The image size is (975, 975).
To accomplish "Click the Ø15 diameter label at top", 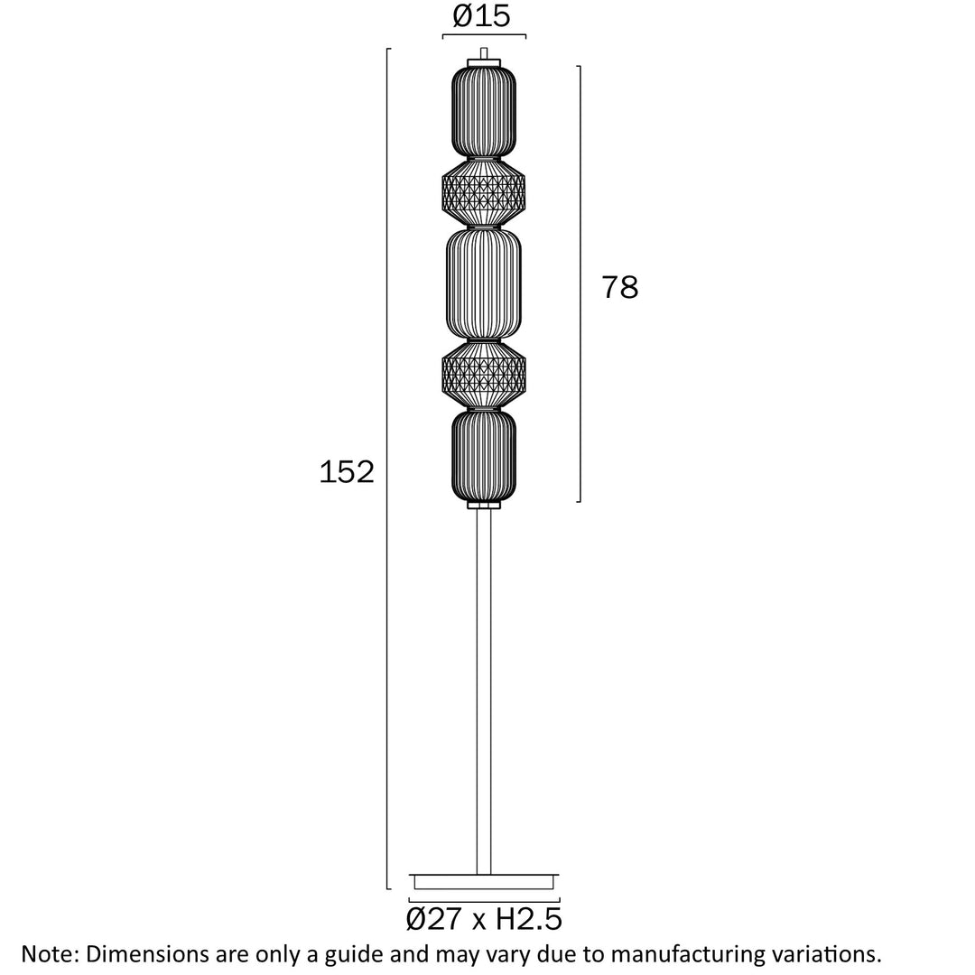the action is point(481,15).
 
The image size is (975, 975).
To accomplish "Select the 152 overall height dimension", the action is point(347,471).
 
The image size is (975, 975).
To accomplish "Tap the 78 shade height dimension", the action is point(619,287).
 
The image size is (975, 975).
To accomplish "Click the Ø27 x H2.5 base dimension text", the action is point(484,919).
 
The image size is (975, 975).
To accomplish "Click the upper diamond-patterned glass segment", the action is point(484,193).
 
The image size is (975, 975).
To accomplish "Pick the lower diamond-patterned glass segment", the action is point(484,375).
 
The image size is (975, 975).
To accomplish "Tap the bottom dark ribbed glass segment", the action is point(484,455).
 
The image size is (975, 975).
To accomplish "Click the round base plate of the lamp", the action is point(484,882).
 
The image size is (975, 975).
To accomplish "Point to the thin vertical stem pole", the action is point(484,692).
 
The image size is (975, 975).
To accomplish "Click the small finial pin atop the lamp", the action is point(484,53).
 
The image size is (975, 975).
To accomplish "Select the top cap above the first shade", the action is point(484,63).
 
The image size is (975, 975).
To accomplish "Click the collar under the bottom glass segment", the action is point(484,505).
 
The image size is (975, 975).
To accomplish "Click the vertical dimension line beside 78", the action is point(580,283).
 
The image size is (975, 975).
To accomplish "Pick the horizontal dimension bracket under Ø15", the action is point(484,35).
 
